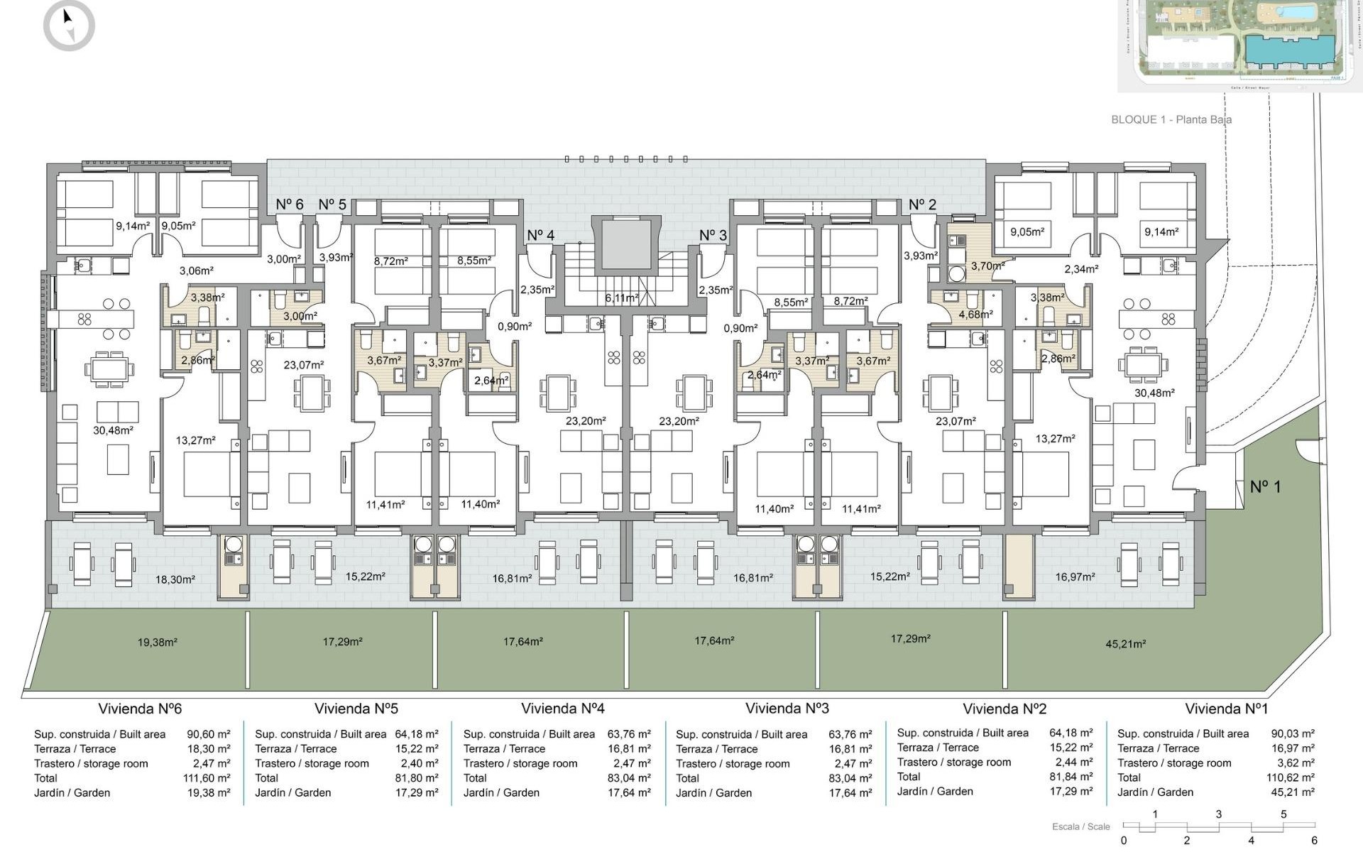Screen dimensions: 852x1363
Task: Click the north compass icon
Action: (x=69, y=26)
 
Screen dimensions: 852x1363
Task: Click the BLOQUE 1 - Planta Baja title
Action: (x=1171, y=119)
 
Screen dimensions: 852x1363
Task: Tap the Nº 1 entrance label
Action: (x=1265, y=487)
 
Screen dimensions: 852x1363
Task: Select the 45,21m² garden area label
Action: (x=1125, y=644)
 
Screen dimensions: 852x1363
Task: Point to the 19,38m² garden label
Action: (x=157, y=642)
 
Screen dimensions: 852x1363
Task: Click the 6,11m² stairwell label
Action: (x=621, y=298)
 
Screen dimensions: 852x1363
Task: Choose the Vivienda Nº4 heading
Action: (x=562, y=708)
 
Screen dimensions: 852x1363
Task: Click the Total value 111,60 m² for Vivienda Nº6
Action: (x=207, y=778)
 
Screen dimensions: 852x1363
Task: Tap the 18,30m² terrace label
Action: (x=175, y=579)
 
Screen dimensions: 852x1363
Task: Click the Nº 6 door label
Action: (x=289, y=204)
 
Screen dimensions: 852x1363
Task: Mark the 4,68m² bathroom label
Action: (x=975, y=314)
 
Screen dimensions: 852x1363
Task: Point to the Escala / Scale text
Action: (x=1080, y=826)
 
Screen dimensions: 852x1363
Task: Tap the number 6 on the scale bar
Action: (x=1314, y=841)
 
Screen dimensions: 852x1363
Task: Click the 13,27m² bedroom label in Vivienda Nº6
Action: (x=195, y=440)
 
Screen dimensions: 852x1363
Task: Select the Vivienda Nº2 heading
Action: (x=1004, y=709)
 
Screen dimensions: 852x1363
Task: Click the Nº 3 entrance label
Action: (x=713, y=235)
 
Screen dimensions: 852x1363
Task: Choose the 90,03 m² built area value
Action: (x=1292, y=733)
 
